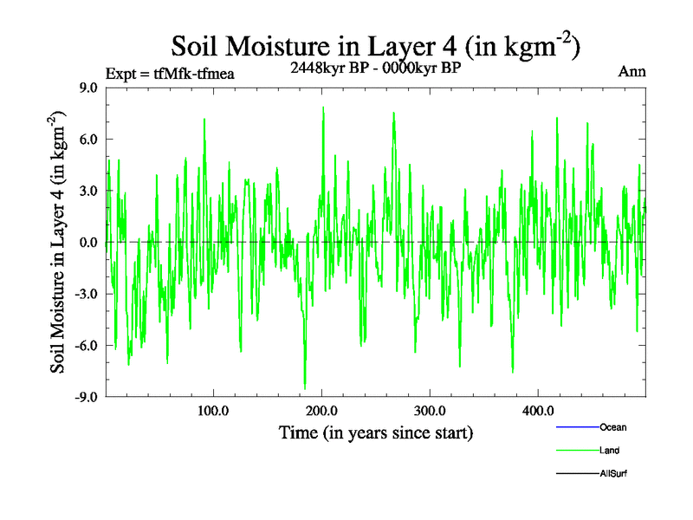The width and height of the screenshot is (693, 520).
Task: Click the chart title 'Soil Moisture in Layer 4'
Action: [x=375, y=44]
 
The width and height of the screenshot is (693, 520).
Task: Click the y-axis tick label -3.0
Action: [x=87, y=294]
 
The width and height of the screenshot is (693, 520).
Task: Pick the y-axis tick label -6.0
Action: [x=87, y=345]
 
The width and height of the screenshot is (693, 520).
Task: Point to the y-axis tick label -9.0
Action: [x=87, y=397]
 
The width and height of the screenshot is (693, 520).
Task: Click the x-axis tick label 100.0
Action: [x=213, y=411]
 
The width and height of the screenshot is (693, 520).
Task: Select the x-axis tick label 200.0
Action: [x=321, y=411]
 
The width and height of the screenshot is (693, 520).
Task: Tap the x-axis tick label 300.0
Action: [x=430, y=411]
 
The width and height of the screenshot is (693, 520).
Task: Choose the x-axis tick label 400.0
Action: [x=538, y=411]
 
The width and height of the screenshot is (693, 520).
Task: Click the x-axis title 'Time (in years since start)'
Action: [x=376, y=432]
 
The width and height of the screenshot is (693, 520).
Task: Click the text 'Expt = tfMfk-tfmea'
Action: [x=170, y=74]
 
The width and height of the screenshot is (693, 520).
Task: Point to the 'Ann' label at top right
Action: [x=631, y=71]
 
